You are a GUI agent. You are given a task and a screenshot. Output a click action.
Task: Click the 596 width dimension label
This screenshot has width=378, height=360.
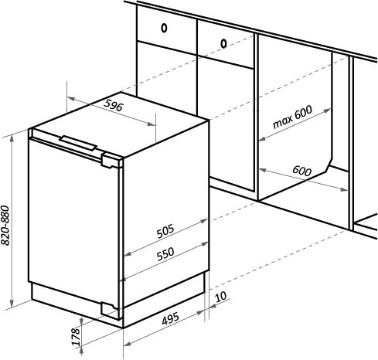click(x=114, y=105)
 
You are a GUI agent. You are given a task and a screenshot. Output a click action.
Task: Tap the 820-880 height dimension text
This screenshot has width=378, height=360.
click(x=5, y=225)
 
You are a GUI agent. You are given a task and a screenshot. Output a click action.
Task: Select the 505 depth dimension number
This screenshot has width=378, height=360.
click(x=165, y=231)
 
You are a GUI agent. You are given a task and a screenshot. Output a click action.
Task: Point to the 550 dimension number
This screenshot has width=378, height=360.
click(x=165, y=254)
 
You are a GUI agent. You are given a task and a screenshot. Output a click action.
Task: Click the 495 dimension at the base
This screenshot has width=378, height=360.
click(x=170, y=318)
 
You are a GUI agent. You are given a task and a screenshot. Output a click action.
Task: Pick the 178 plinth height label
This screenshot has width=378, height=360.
click(x=76, y=336)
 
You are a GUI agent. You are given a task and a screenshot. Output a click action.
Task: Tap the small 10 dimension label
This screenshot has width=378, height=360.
click(x=220, y=297)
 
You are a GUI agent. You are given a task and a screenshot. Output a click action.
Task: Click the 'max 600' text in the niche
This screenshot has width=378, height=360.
click(x=292, y=117)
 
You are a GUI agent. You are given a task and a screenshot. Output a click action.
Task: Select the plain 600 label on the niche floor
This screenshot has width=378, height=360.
click(x=302, y=171)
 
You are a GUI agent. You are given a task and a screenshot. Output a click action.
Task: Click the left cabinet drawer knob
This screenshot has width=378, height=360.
click(x=164, y=28)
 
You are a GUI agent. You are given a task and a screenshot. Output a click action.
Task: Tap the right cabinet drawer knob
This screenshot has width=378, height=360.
click(x=223, y=43)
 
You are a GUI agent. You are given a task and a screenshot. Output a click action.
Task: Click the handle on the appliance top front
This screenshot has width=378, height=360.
click(x=78, y=143)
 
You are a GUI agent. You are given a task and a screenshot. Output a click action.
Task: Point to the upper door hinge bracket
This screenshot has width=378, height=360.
click(x=111, y=161)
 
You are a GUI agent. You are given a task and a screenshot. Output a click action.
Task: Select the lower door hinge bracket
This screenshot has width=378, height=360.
click(x=111, y=311)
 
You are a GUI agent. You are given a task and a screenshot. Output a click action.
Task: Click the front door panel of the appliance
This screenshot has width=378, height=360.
click(x=73, y=222)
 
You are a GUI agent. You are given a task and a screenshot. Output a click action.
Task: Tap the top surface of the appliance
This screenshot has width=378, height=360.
click(x=121, y=124)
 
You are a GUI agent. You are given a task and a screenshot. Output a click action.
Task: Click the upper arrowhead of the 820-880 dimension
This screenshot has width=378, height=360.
click(x=12, y=138)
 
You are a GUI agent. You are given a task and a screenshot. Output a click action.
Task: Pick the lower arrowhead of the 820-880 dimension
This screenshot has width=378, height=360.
click(x=12, y=304)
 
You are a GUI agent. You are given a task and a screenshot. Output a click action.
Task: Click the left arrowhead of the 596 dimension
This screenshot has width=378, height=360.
click(x=71, y=99)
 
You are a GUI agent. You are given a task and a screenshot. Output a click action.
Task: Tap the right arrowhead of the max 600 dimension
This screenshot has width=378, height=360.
click(x=327, y=111)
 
